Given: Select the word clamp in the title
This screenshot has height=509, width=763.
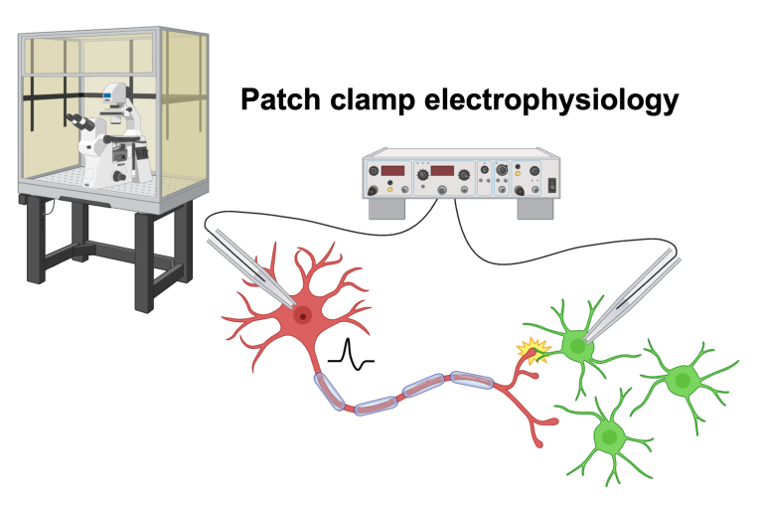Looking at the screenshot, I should point(372,101).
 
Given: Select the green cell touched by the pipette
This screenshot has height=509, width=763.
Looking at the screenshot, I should point(574,346).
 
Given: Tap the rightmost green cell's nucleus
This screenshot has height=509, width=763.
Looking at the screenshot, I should point(681,379).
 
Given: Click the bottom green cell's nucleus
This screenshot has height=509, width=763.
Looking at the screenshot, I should point(608,435).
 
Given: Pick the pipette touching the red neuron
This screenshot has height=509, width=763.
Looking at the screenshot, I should point(248,266).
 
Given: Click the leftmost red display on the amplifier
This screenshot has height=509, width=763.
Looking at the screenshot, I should point(392,171).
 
